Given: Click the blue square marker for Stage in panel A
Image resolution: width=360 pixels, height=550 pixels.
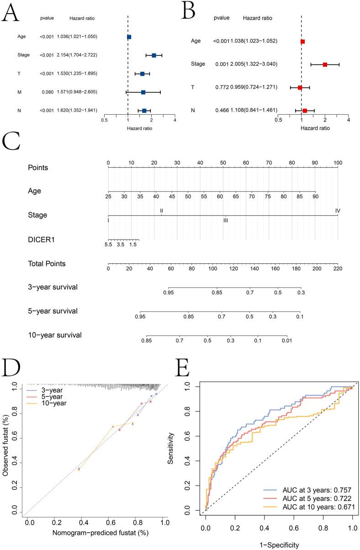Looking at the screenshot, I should point(154,55).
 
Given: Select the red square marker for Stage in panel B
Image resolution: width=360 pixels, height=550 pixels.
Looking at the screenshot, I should point(325,64).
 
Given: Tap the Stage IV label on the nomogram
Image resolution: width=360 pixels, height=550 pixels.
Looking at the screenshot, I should point(337,211).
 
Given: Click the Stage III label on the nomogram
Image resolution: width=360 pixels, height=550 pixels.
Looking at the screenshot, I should point(225,220).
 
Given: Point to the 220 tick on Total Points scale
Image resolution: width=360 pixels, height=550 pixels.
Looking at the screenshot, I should point(337,269).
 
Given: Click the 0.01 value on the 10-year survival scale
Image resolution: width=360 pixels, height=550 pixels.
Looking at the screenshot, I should point(286,341).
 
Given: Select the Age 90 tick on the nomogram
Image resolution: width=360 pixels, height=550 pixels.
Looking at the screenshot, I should point(315,197).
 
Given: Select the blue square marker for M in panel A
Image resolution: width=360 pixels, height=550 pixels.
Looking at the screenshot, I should point(143,92).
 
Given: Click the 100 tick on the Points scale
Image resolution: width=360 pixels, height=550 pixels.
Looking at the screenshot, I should point(338,163).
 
